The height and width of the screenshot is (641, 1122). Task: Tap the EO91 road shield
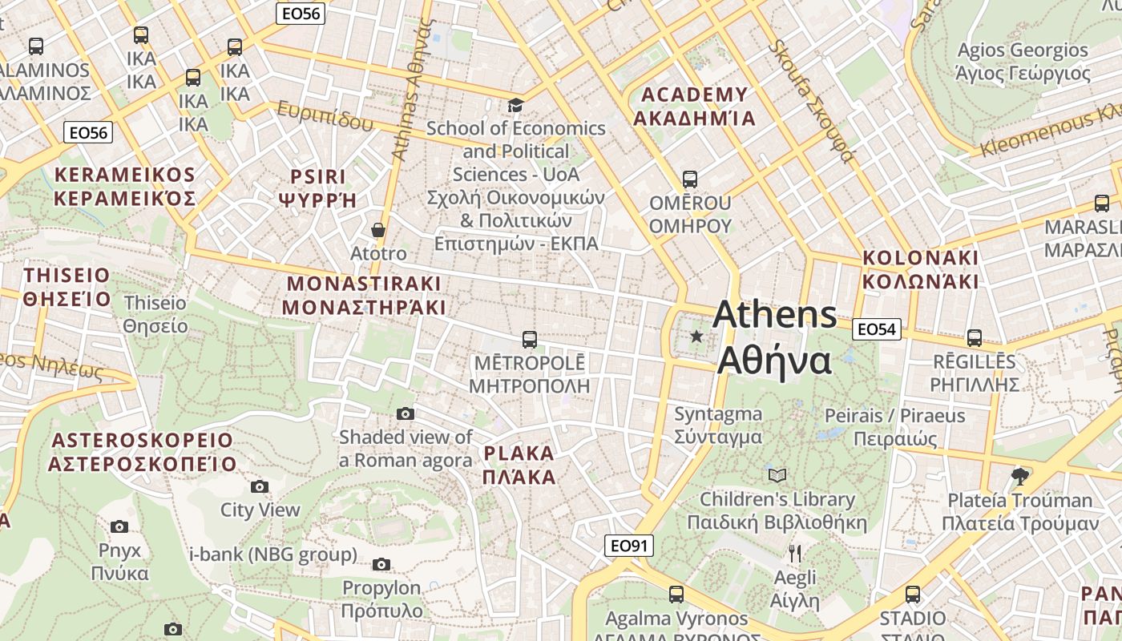[x=628, y=546]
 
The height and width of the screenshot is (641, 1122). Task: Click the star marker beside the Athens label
[x=696, y=337]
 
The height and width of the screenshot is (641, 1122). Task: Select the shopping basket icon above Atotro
[x=378, y=230]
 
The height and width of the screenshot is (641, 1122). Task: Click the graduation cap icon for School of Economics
[x=515, y=105]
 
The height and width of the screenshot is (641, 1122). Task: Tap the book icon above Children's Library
[x=777, y=475]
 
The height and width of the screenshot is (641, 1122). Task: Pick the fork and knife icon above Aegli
[x=795, y=553]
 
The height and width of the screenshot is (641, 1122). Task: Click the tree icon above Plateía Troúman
[x=1019, y=477]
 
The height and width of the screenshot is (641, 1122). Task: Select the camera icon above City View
[x=259, y=486]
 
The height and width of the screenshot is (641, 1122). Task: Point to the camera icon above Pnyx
[x=119, y=526]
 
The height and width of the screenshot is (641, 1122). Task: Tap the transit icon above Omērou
[x=689, y=179]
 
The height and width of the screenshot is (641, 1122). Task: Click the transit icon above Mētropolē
[x=529, y=339]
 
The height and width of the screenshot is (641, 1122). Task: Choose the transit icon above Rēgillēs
[x=974, y=337]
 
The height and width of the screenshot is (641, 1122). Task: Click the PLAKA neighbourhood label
[x=519, y=466]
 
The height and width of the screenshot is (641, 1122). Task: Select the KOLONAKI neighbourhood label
[x=920, y=269]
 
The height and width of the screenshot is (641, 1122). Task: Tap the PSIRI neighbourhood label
[x=317, y=188]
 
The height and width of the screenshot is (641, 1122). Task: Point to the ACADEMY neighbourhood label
[x=695, y=107]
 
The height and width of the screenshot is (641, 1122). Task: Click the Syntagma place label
[x=718, y=425]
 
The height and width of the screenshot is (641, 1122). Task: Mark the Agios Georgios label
[x=1023, y=62]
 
